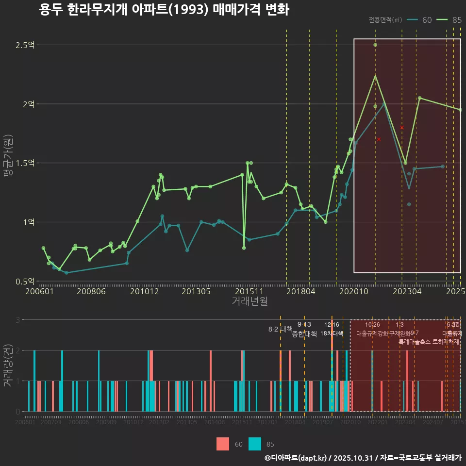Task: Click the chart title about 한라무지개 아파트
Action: tap(164, 10)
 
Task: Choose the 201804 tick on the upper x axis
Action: tap(301, 292)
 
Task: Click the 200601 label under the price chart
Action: tap(39, 292)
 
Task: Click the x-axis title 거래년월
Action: tap(250, 301)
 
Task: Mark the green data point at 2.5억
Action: tap(375, 45)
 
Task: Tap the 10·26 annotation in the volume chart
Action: tap(372, 325)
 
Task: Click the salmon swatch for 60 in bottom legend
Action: tap(223, 444)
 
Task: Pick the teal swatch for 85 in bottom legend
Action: tap(254, 444)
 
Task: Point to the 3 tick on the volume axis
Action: tap(18, 320)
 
